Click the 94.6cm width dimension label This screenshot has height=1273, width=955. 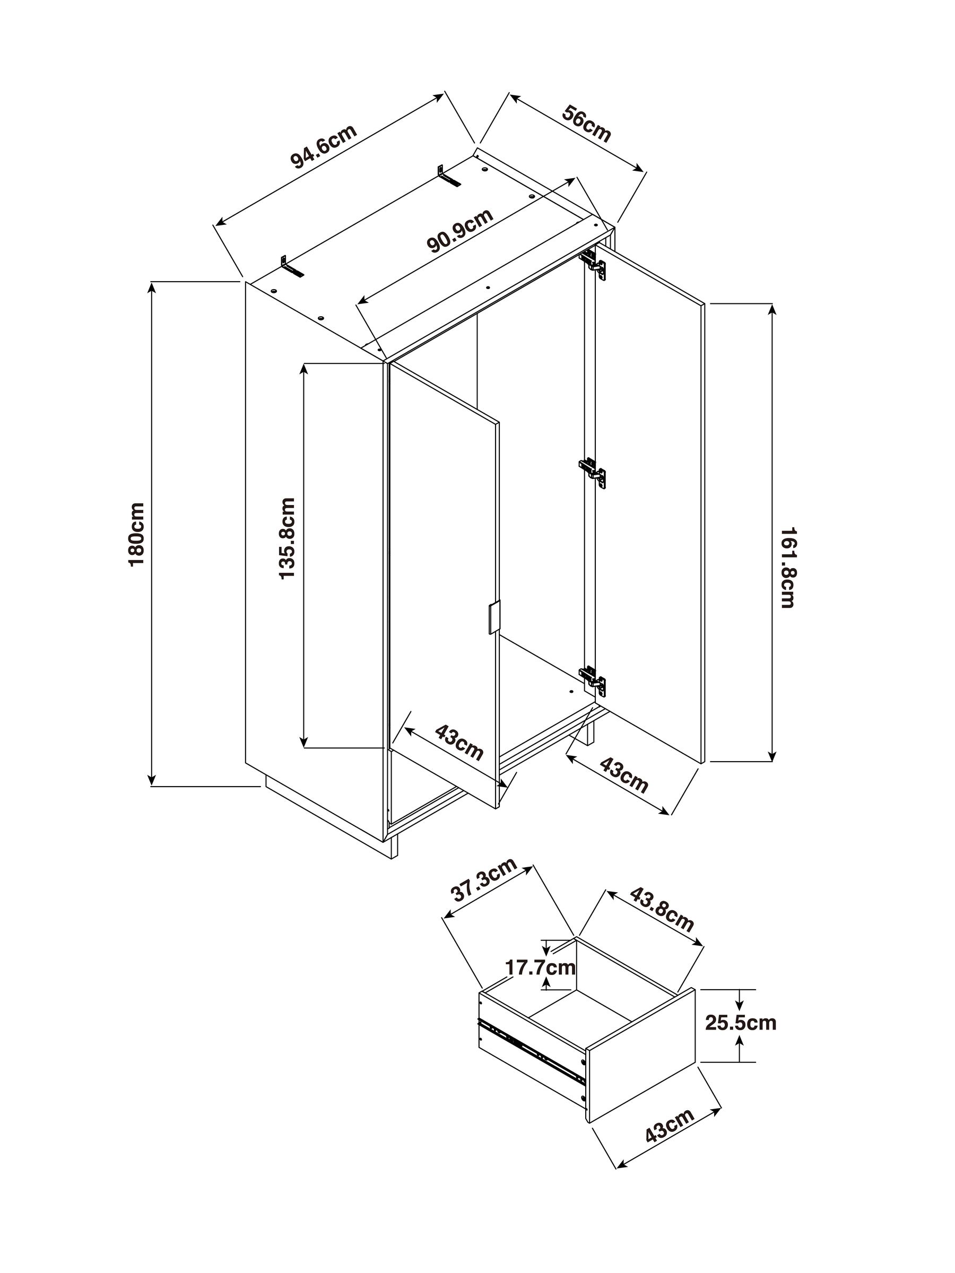(324, 146)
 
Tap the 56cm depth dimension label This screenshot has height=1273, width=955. (586, 123)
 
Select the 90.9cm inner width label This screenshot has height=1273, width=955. (461, 230)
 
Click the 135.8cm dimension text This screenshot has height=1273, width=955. (286, 539)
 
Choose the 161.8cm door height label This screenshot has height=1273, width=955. (787, 568)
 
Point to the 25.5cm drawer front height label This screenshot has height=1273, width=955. (741, 1023)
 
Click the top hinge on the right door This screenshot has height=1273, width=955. (594, 263)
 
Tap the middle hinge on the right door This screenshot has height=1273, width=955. (593, 472)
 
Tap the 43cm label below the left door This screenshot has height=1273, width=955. (459, 743)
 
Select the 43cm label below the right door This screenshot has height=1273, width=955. (624, 774)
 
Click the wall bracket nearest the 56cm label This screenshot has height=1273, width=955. (448, 175)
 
